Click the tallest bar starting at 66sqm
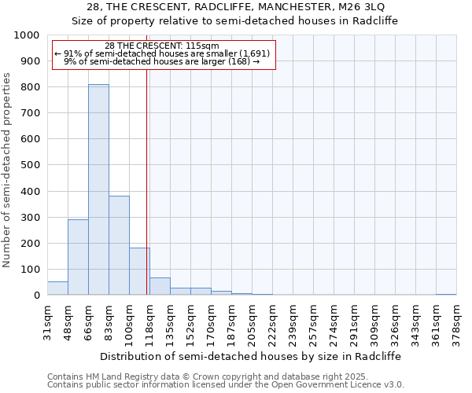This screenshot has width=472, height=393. tap(98, 189)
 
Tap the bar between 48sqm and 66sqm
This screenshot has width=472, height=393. tap(78, 257)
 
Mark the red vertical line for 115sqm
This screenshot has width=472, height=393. tap(147, 181)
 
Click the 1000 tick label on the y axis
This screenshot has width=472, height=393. tap(26, 35)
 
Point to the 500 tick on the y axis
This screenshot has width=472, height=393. tap(29, 165)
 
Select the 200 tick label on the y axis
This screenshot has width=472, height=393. tap(29, 244)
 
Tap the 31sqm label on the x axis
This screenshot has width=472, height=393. tap(47, 318)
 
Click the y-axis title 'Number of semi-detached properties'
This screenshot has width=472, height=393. tap(8, 170)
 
